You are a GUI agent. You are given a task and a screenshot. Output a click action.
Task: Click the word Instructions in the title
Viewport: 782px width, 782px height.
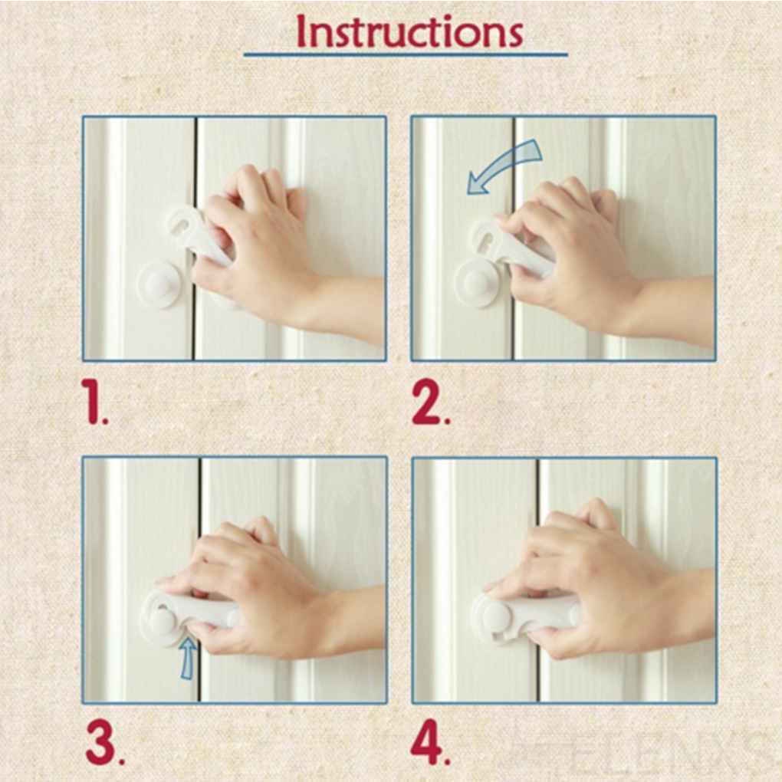[409, 31]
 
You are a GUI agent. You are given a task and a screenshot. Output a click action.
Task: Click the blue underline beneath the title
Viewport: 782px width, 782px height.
[406, 55]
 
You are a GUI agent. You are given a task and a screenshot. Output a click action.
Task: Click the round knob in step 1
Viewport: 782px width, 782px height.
[158, 284]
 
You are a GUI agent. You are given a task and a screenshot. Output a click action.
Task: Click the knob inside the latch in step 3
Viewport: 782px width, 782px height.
[163, 619]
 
